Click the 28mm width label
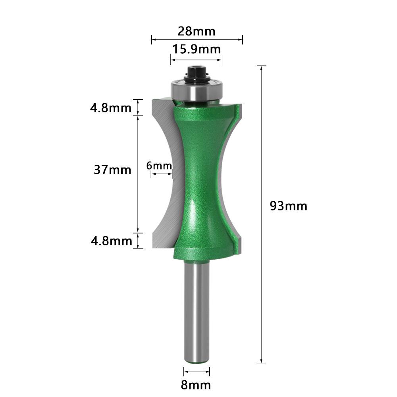click(197, 31)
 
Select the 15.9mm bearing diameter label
click(196, 50)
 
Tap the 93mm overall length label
click(289, 206)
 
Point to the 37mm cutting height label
click(112, 170)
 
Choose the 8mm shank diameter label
click(196, 385)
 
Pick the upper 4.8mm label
click(110, 108)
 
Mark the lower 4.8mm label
click(110, 241)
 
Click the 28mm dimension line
click(197, 39)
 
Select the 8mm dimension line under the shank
click(197, 372)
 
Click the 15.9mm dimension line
click(196, 59)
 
